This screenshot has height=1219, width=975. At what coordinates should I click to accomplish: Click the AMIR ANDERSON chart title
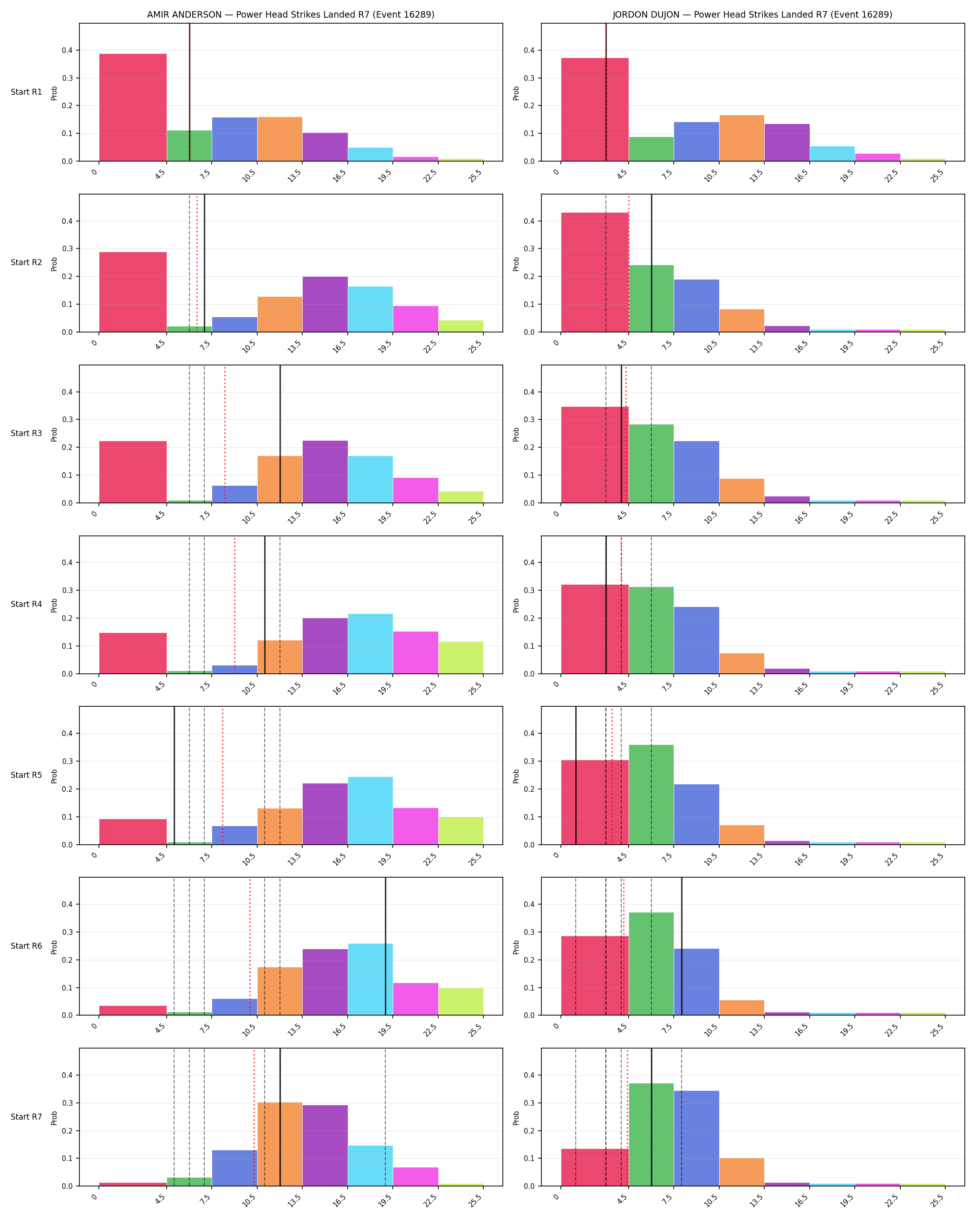tap(291, 15)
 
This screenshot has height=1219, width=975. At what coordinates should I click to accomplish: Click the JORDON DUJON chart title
tap(752, 15)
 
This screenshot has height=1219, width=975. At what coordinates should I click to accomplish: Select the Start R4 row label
tap(26, 605)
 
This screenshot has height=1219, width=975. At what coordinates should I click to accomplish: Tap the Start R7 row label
tap(26, 1117)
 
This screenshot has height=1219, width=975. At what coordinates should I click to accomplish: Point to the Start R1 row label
tap(26, 92)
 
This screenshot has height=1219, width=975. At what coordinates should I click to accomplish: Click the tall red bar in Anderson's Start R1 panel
tap(133, 107)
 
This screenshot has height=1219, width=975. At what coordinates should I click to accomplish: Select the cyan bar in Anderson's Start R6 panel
tap(370, 979)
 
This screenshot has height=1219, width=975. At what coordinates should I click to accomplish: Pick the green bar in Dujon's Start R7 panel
tap(651, 1135)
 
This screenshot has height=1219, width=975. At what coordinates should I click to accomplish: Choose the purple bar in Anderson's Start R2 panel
tap(325, 304)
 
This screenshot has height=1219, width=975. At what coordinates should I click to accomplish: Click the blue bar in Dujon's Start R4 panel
tap(696, 640)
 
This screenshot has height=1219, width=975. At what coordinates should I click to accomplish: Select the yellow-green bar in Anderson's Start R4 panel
tap(461, 658)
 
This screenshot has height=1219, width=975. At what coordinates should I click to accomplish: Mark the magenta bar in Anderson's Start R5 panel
tap(416, 826)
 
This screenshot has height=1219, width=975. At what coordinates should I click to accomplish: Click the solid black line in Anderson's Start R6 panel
tap(385, 946)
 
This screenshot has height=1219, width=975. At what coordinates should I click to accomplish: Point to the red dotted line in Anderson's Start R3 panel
tap(224, 434)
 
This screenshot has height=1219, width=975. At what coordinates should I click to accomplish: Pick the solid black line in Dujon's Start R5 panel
tap(576, 776)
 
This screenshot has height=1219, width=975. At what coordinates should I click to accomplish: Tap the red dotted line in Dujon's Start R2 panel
tap(629, 263)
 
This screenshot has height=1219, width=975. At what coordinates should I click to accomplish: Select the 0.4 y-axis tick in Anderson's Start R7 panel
tap(67, 1076)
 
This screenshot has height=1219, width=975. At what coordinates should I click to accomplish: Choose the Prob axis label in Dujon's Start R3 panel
tap(516, 434)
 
